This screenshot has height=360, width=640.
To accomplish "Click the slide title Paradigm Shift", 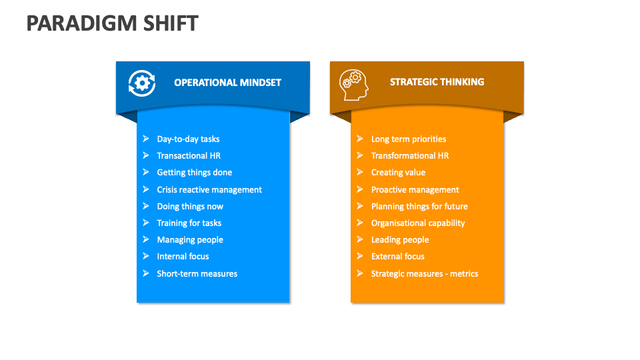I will pyautogui.click(x=112, y=23).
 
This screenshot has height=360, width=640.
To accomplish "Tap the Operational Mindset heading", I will pyautogui.click(x=227, y=83).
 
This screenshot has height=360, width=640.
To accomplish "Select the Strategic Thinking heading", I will pyautogui.click(x=437, y=82).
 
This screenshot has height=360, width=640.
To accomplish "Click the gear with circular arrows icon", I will pyautogui.click(x=142, y=83).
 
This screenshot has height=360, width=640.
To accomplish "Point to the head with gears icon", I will pyautogui.click(x=353, y=85).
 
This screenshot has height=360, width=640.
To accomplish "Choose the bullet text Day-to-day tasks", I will pyautogui.click(x=188, y=139).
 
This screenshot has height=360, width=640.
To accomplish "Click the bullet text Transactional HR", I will pyautogui.click(x=189, y=156).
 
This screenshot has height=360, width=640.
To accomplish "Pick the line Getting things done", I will pyautogui.click(x=195, y=173).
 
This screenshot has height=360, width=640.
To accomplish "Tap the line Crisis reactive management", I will pyautogui.click(x=209, y=190).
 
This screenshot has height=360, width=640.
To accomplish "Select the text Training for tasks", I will pyautogui.click(x=189, y=223).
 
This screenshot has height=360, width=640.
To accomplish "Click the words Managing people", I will pyautogui.click(x=190, y=240).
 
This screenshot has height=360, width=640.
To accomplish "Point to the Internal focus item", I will pyautogui.click(x=183, y=257).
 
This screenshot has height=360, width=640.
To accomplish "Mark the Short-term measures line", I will pyautogui.click(x=197, y=274).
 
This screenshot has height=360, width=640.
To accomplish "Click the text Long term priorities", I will pyautogui.click(x=409, y=139).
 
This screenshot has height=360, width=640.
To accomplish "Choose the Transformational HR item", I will pyautogui.click(x=410, y=156).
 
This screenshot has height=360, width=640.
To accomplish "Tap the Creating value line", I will pyautogui.click(x=398, y=173).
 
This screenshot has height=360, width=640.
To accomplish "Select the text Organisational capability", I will pyautogui.click(x=418, y=223).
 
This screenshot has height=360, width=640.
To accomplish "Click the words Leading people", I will pyautogui.click(x=400, y=240).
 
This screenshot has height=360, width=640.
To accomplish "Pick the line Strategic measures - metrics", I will pyautogui.click(x=425, y=274).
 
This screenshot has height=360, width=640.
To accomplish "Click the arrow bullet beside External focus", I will pyautogui.click(x=359, y=256).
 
